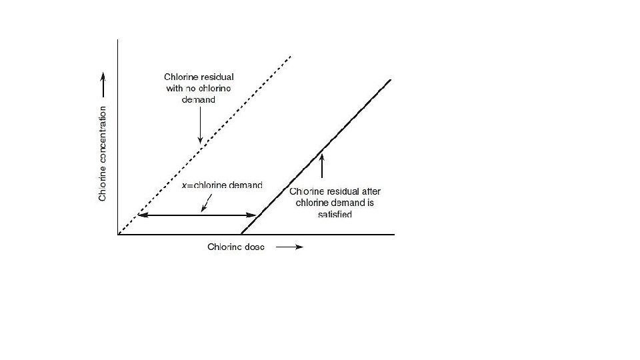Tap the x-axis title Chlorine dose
pos(236,247)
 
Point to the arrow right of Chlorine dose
pos(289,247)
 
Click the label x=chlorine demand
pos(222,185)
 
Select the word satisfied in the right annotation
pos(335,215)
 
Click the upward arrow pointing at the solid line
pos(322,165)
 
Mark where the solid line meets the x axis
pos(241,235)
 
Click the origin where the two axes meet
pos(118,235)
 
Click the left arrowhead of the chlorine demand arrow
pos(141,215)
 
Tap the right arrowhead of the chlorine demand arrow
pos(253,215)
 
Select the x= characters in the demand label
pos(187,185)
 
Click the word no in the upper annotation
pos(190,87)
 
